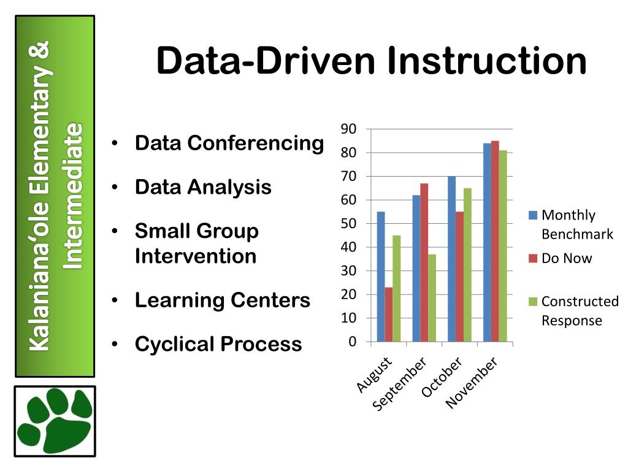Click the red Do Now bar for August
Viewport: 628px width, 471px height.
pyautogui.click(x=389, y=314)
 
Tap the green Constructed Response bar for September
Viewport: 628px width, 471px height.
pyautogui.click(x=432, y=298)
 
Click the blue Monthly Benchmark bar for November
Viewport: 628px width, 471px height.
pyautogui.click(x=487, y=242)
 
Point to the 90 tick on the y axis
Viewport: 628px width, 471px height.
pyautogui.click(x=348, y=129)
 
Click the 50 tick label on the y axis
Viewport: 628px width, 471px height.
pyautogui.click(x=348, y=223)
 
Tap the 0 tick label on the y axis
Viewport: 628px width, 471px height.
pyautogui.click(x=352, y=342)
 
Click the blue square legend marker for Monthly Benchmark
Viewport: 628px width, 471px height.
pyautogui.click(x=533, y=215)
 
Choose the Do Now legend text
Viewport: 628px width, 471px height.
pyautogui.click(x=567, y=258)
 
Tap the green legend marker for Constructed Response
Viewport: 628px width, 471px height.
pyautogui.click(x=533, y=301)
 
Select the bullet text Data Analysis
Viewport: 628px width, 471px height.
pyautogui.click(x=203, y=187)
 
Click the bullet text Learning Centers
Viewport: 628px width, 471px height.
pyautogui.click(x=222, y=301)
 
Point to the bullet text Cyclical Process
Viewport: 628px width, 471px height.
pyautogui.click(x=218, y=344)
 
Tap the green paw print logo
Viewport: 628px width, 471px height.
pyautogui.click(x=55, y=421)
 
